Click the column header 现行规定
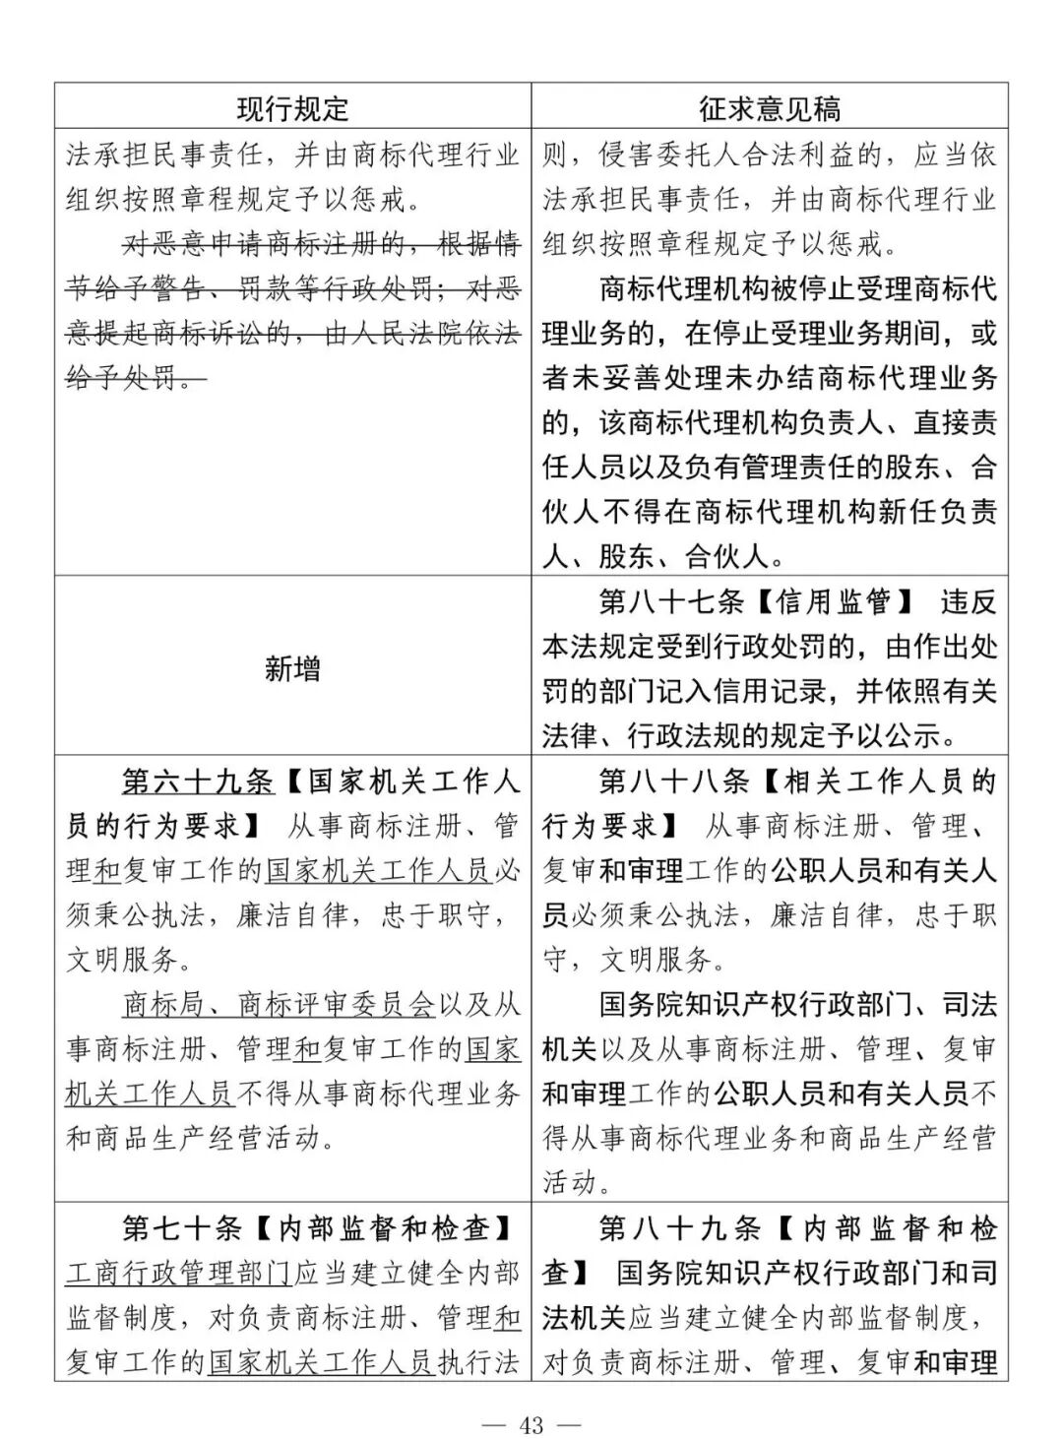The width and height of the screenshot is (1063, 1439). pyautogui.click(x=292, y=107)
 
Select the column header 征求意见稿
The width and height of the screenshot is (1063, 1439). pyautogui.click(x=770, y=107)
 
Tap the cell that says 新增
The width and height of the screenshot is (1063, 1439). pyautogui.click(x=292, y=669)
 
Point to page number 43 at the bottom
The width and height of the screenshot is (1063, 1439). pyautogui.click(x=531, y=1424)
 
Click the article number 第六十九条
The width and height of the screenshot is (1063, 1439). pyautogui.click(x=197, y=782)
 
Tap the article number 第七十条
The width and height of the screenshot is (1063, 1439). pyautogui.click(x=182, y=1228)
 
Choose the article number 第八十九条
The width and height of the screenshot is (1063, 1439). pyautogui.click(x=680, y=1228)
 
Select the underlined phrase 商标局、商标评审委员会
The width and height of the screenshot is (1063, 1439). pyautogui.click(x=279, y=1005)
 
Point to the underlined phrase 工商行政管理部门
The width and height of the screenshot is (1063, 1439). pyautogui.click(x=179, y=1274)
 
